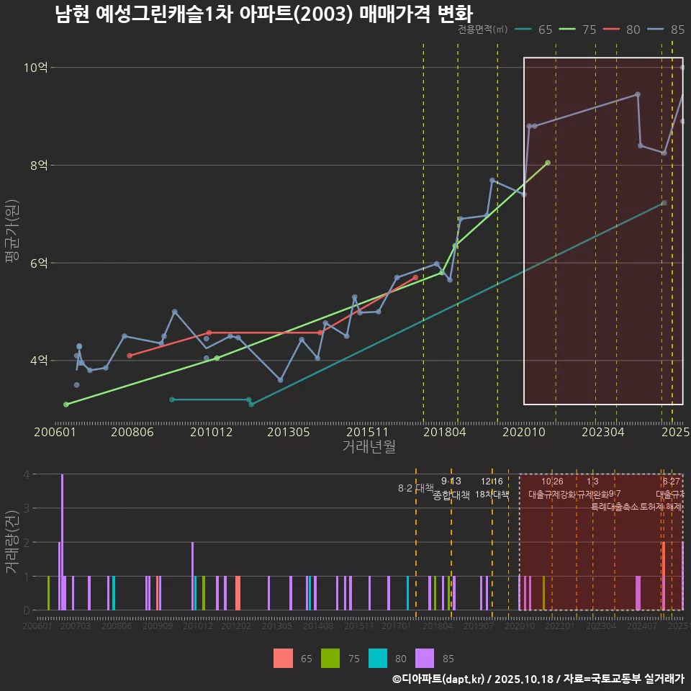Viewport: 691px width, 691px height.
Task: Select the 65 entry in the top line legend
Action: point(545,30)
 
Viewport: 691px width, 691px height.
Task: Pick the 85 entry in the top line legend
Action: point(677,30)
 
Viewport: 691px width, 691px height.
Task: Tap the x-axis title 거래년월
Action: point(369,447)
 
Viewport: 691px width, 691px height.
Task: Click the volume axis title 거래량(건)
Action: point(12,542)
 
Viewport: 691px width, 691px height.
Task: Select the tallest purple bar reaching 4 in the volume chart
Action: point(63,542)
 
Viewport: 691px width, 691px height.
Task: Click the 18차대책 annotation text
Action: point(492,494)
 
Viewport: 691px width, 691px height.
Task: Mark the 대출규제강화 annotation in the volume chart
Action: point(551,494)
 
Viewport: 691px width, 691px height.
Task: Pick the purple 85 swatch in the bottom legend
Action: point(425,658)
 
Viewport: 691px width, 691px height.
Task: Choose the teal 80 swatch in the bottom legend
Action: point(377,658)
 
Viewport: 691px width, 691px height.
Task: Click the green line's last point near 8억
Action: point(548,163)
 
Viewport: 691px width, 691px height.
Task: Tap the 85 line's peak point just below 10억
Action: point(638,94)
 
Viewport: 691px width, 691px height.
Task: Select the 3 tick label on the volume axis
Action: point(27,508)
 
